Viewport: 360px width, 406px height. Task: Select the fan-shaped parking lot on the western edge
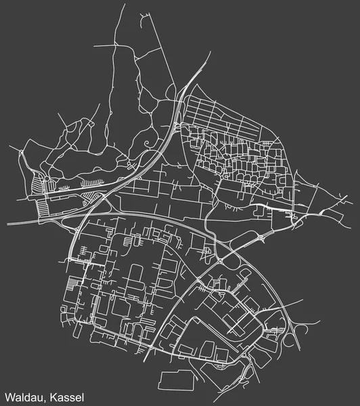pos(37,181)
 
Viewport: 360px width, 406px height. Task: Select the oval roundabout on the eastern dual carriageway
pos(261,238)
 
